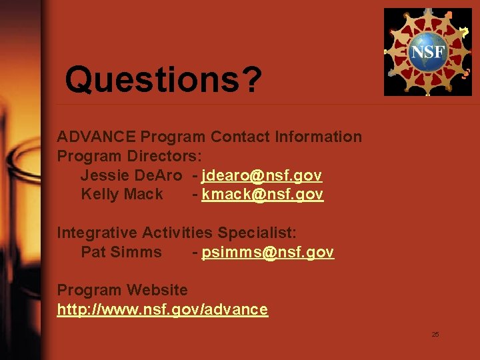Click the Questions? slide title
(163, 81)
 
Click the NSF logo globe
(427, 52)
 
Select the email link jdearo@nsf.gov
(262, 175)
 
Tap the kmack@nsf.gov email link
(263, 195)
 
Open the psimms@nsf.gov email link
(267, 253)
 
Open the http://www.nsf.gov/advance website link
(163, 310)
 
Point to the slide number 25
(435, 334)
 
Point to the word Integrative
(97, 233)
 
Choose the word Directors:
(157, 157)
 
